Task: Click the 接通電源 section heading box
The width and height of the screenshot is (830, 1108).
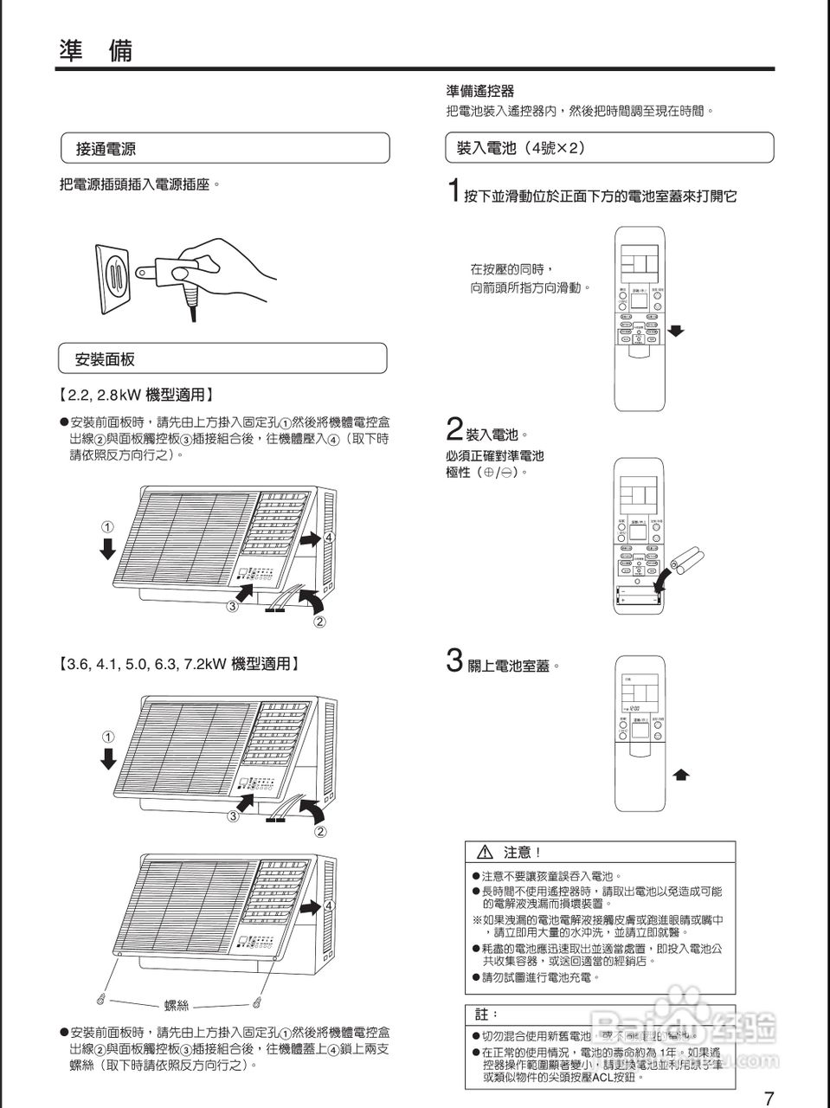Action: click(224, 149)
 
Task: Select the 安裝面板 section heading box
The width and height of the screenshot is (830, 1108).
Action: click(222, 358)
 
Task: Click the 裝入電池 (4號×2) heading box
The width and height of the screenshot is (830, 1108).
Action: click(608, 148)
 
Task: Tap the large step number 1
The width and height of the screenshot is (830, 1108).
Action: click(453, 190)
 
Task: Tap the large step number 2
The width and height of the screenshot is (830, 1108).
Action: click(454, 430)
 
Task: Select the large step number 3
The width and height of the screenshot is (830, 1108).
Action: click(454, 661)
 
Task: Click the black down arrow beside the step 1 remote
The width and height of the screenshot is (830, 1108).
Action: click(677, 331)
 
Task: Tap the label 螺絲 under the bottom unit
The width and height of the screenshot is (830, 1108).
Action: click(177, 1005)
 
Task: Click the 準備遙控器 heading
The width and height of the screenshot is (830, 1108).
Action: click(480, 91)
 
